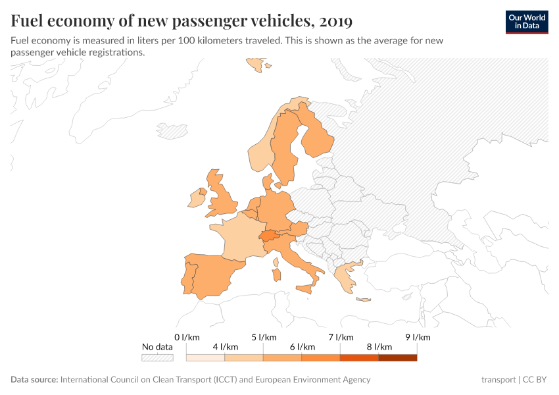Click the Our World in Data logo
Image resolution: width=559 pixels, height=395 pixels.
click(526, 22)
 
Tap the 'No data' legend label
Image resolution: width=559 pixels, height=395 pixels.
click(157, 347)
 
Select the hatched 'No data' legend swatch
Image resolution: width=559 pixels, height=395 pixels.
click(157, 358)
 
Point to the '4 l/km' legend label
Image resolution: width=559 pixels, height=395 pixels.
click(225, 347)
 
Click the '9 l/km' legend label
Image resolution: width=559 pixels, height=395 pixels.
click(418, 337)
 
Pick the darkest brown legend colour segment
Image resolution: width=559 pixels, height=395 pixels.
click(398, 358)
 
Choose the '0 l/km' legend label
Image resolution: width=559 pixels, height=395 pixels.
click(187, 337)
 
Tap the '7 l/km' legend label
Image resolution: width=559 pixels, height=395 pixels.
click(341, 337)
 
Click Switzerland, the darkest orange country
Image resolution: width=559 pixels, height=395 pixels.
click(268, 236)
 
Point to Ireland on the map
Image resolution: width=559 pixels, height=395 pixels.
click(196, 197)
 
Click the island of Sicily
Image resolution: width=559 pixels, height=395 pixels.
click(304, 288)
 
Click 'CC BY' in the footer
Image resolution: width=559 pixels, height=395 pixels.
click(536, 379)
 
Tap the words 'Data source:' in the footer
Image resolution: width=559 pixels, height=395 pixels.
click(34, 379)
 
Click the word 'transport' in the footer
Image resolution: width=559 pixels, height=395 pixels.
click(498, 379)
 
